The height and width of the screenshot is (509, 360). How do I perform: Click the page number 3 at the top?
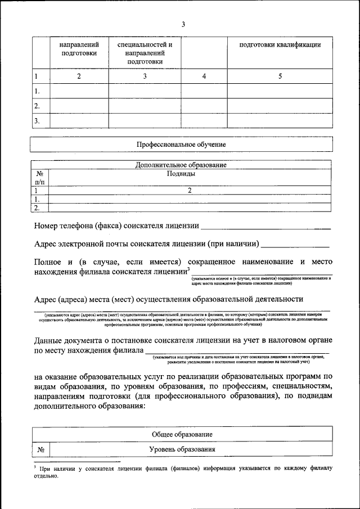click(183, 24)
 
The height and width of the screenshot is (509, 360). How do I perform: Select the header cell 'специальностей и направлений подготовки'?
click(145, 53)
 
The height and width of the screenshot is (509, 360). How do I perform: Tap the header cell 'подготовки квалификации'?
click(280, 45)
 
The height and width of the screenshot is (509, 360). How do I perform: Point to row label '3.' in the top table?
click(37, 120)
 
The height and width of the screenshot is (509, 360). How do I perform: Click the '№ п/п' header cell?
click(39, 178)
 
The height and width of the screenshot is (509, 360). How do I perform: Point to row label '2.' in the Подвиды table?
click(37, 207)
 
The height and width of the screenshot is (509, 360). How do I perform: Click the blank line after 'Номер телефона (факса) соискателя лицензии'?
click(265, 228)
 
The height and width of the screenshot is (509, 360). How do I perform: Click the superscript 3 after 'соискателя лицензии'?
click(188, 268)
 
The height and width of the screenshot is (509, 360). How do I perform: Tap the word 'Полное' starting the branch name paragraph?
click(48, 262)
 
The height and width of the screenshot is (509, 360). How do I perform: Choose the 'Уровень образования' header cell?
click(182, 449)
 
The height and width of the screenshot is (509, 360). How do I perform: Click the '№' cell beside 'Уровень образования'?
click(40, 449)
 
